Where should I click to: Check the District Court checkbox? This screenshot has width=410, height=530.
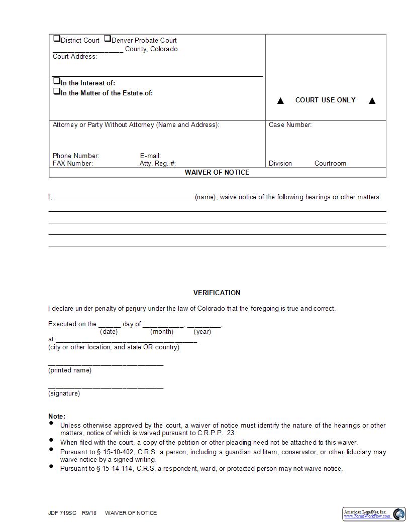point(57,39)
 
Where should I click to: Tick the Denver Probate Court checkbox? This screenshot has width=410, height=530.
point(108,39)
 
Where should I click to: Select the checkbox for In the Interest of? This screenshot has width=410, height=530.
point(57,81)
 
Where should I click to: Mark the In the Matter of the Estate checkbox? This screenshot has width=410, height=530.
point(57,91)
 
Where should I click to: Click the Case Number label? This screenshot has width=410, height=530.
point(290,125)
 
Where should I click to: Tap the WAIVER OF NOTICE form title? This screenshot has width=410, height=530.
point(217,172)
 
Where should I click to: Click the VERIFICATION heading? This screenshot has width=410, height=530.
point(217,293)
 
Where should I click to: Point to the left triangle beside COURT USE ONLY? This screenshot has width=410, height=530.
point(280,101)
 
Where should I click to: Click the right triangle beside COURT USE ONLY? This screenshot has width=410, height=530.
point(372,101)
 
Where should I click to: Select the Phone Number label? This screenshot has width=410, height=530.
point(76,156)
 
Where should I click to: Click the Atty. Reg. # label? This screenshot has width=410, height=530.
point(158,164)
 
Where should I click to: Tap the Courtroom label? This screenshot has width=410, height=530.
point(330,164)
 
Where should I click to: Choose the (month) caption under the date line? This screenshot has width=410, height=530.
point(162,332)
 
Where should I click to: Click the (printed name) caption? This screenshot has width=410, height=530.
point(70,370)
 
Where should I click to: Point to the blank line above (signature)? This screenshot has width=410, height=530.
point(106,387)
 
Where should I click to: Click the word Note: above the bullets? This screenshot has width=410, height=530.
point(57,417)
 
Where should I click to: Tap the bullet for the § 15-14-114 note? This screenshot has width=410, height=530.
point(52,467)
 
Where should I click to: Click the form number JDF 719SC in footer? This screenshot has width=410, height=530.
point(62,513)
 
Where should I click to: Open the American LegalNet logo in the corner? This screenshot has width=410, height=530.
point(374,513)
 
